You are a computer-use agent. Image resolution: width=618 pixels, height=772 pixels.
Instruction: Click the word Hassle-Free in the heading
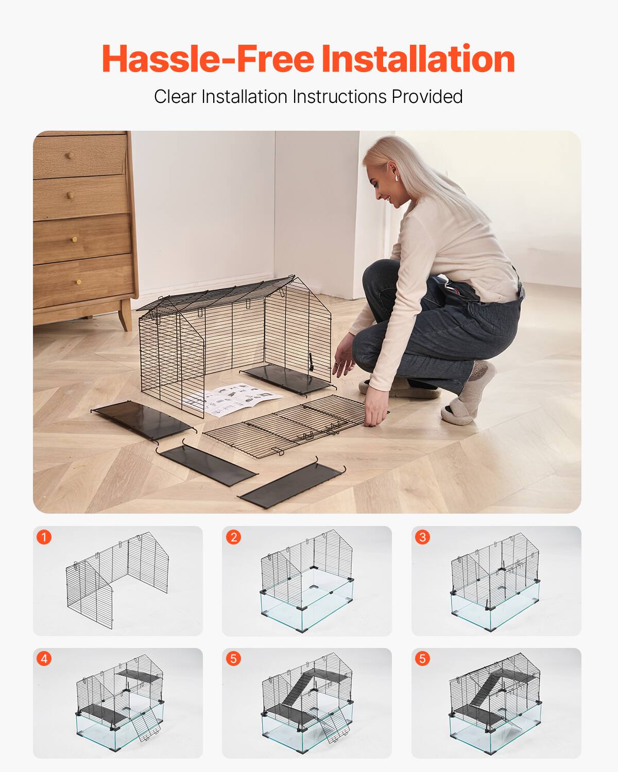[x=208, y=59]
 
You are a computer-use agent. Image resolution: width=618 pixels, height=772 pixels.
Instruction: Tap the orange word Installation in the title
[x=418, y=59]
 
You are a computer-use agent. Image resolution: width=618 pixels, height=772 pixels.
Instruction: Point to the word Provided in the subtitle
[x=427, y=97]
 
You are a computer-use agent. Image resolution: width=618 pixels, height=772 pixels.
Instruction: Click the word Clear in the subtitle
[x=175, y=97]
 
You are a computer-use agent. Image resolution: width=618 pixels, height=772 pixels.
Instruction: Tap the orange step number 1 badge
[x=44, y=537]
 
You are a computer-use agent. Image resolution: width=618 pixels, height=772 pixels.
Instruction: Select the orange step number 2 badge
[x=233, y=537]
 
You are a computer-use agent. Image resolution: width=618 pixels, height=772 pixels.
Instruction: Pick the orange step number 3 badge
[x=422, y=537]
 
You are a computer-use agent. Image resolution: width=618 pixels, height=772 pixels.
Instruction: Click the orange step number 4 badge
[x=44, y=659]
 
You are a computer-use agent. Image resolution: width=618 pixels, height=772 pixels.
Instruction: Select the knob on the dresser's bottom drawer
[x=78, y=282]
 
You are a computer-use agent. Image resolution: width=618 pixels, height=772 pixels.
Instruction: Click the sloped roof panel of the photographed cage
[x=216, y=296]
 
